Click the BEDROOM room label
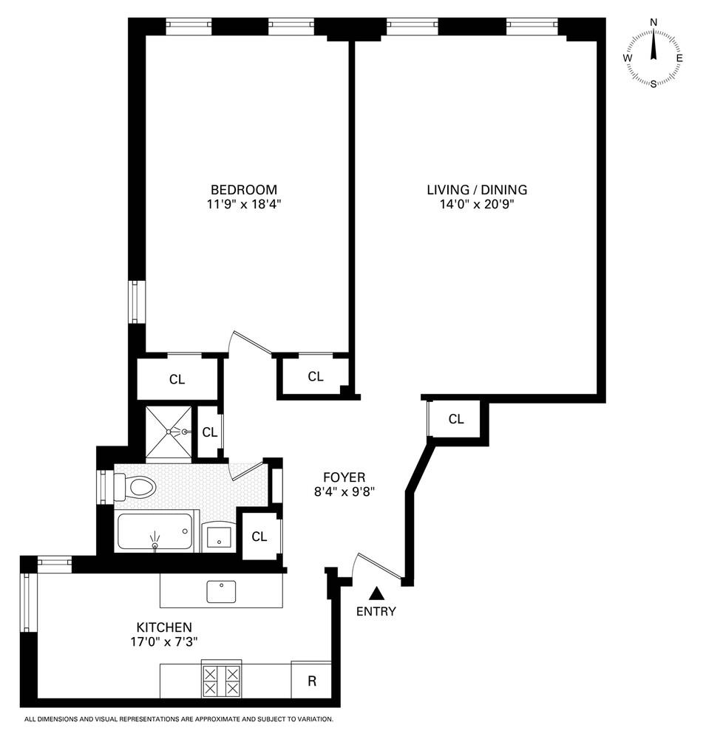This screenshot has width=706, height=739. (x=243, y=189)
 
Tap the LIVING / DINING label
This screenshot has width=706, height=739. (x=477, y=189)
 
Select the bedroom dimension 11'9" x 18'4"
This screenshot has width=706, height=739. (x=243, y=205)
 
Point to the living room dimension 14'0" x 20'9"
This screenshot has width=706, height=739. (x=477, y=205)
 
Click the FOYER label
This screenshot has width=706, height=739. (x=344, y=477)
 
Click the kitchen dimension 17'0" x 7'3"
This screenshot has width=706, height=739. (x=164, y=641)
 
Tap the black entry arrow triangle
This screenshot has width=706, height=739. (x=376, y=593)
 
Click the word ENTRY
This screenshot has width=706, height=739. (x=376, y=611)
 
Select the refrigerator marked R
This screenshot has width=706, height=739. (x=311, y=681)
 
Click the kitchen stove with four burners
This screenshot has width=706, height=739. (x=221, y=681)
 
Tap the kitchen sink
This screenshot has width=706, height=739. (x=221, y=590)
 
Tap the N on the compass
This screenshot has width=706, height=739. (x=654, y=22)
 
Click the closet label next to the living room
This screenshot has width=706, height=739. (x=456, y=419)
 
